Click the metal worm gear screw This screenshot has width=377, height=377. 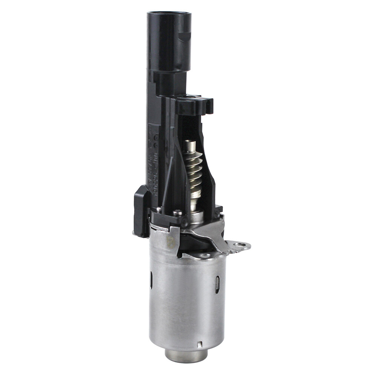coord(194,170)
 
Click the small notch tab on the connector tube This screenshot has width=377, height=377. coord(185,37)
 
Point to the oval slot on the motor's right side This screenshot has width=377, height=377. coord(218,285)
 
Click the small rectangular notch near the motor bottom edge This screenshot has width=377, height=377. coord(200,344)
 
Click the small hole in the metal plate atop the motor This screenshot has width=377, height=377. coord(205,256)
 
